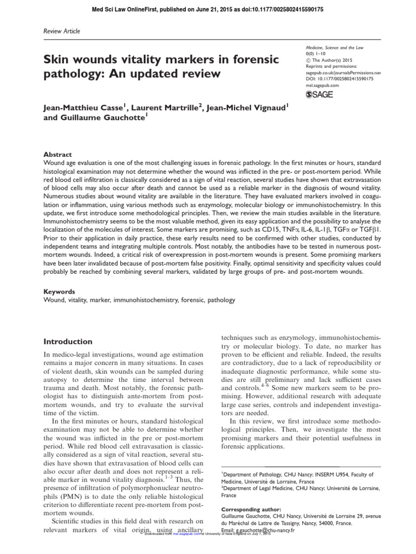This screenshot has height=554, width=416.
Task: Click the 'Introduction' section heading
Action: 68,341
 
